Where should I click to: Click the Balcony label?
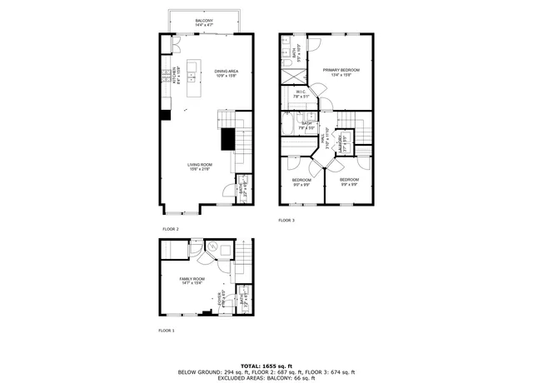[203, 22]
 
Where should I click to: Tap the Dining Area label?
[227, 73]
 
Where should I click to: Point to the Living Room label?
[199, 167]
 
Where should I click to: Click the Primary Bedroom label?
[337, 72]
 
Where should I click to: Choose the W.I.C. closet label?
[301, 94]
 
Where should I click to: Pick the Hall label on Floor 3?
[327, 142]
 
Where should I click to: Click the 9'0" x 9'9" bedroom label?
[301, 182]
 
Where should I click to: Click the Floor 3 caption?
[286, 221]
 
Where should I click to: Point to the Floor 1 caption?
[167, 331]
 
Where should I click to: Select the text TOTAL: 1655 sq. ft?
[266, 366]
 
